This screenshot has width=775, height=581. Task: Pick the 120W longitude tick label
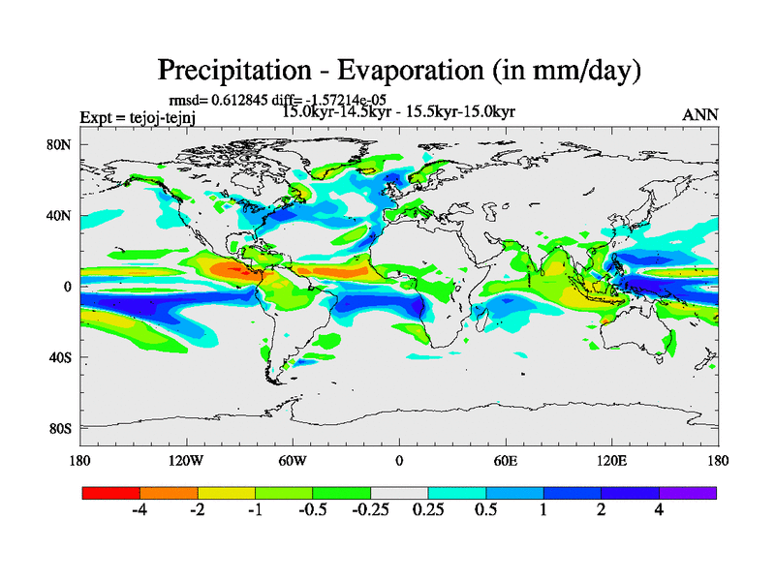point(185,460)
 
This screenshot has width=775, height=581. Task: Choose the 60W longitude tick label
point(293,460)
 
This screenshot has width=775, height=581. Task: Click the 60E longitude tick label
point(506,460)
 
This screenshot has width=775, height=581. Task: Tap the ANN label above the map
point(700,114)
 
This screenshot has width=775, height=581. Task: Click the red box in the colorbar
point(111,493)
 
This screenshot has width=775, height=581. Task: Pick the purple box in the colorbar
point(688,493)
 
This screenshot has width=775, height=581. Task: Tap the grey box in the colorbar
point(399,493)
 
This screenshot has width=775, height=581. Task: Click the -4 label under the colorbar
point(139,510)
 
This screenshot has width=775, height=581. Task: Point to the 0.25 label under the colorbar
point(428,510)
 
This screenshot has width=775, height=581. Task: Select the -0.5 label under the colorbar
point(312,510)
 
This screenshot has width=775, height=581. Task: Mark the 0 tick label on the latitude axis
point(68,287)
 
